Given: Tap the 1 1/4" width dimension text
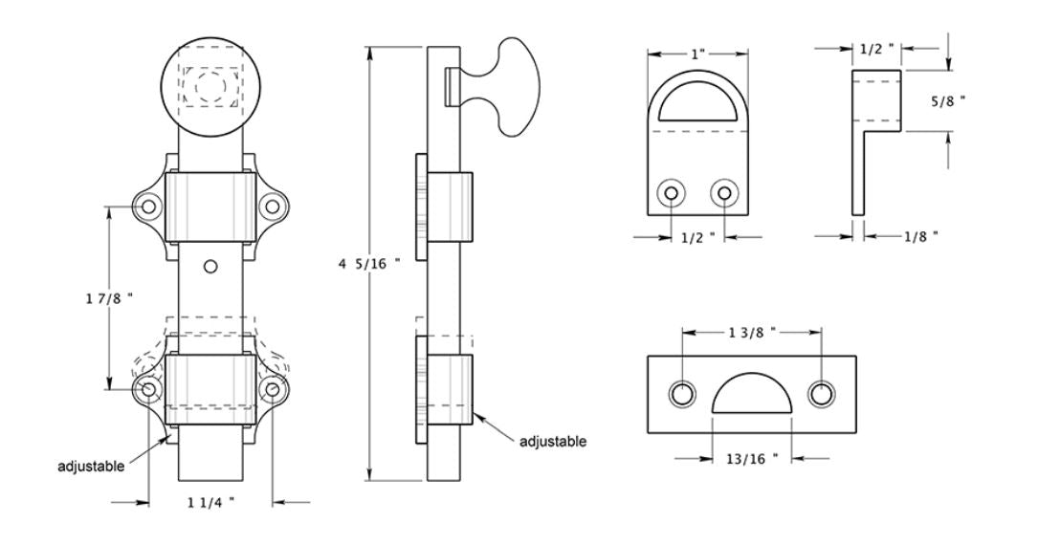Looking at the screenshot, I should [x=210, y=501].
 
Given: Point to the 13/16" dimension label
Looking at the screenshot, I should [x=752, y=459].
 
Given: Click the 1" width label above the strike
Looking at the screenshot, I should [x=698, y=54].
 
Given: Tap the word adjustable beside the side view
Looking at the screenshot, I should [x=552, y=442].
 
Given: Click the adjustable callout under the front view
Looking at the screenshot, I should [x=92, y=467].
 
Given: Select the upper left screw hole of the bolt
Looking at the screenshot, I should [x=148, y=205].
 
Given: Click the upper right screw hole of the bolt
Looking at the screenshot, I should [x=273, y=205].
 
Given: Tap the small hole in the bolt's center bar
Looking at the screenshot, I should [x=211, y=265].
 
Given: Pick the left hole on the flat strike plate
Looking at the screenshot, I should [x=683, y=394].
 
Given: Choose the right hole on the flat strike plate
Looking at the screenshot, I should [x=821, y=394].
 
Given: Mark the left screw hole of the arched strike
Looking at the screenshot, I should [x=672, y=194].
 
